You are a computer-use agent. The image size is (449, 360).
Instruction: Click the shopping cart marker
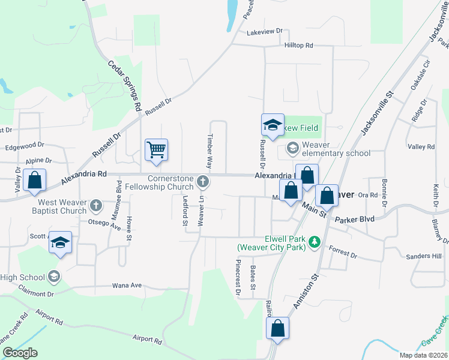pos(156,149)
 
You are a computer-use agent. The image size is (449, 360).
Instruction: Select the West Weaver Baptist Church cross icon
pos(95,206)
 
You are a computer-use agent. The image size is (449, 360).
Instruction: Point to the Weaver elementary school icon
pos(292,148)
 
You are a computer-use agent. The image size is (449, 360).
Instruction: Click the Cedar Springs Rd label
pos(124,88)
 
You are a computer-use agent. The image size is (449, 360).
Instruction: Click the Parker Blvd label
pos(355,219)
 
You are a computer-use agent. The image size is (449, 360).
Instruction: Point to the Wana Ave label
pos(127,286)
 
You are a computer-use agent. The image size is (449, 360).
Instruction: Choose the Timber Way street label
pos(210,150)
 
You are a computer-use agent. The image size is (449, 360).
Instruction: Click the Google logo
pos(20,353)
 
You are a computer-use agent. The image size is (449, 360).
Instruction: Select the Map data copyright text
pos(423,355)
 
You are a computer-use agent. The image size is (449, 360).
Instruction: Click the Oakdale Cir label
pos(420,74)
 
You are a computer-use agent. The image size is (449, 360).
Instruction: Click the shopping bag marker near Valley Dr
pos(35,180)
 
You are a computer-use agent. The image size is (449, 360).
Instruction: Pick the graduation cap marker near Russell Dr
pos(273,125)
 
